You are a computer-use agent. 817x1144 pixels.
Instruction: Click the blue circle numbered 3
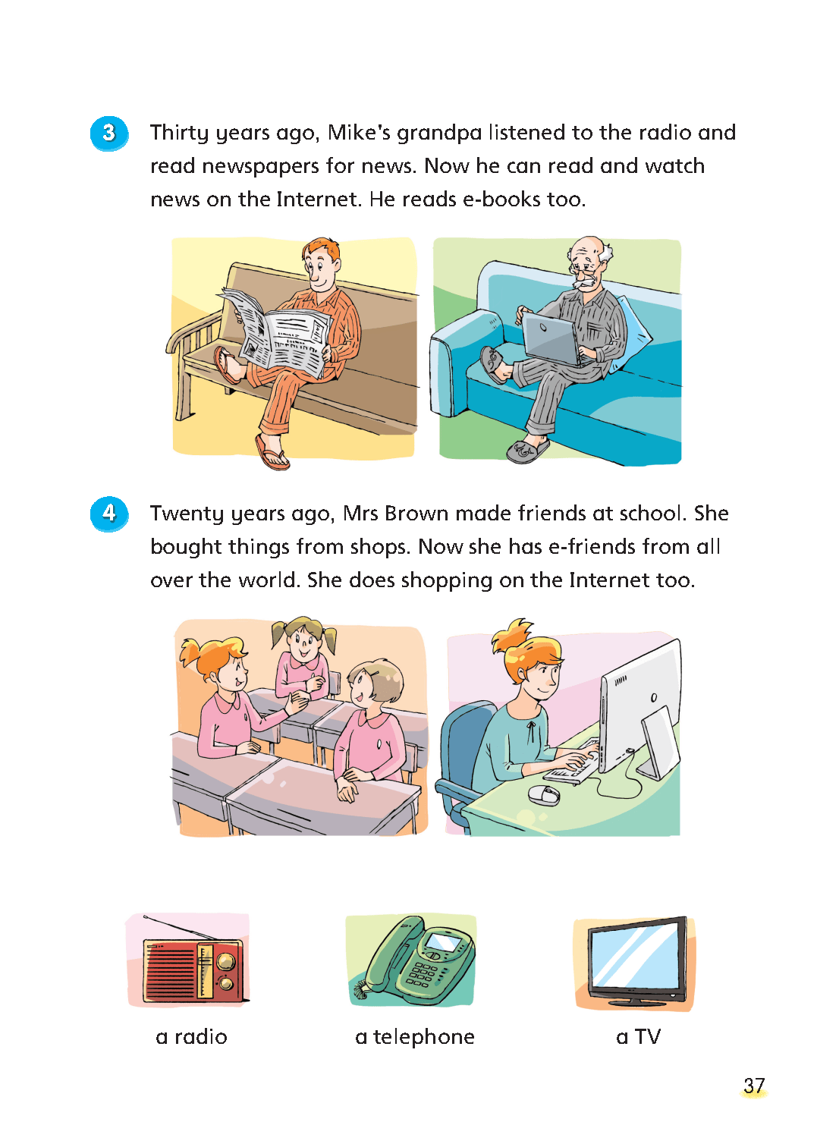coord(108,134)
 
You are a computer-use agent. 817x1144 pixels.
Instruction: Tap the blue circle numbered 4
coord(108,514)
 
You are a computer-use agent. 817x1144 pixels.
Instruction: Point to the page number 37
coord(754,1086)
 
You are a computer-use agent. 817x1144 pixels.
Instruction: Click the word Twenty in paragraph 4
coord(187,514)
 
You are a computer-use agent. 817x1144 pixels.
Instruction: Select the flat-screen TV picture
coord(636,961)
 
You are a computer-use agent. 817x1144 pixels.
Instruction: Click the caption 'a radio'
coord(191,1037)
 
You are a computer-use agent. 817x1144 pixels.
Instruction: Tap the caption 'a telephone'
coord(415,1038)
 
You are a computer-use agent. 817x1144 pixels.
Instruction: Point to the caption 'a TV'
coord(638,1037)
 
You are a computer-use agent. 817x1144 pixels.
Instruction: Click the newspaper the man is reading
coord(275,332)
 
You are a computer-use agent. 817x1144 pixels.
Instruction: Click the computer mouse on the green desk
coord(543,794)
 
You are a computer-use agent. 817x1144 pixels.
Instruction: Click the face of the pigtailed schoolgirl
coord(304,643)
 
